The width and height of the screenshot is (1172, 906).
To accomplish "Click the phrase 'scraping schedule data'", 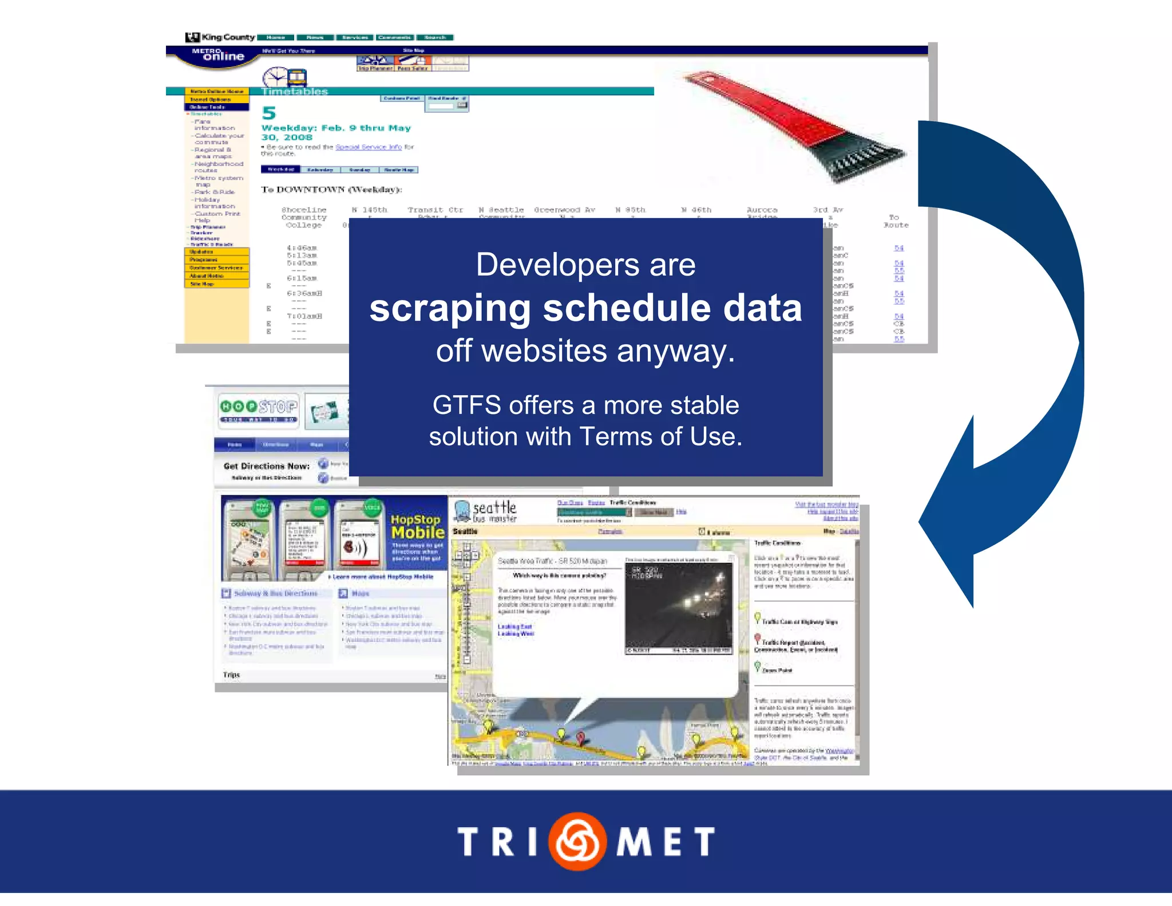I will pos(585,309).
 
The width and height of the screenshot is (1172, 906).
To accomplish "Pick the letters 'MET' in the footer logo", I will pos(666,842).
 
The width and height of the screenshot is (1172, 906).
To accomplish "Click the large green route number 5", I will pos(268,113).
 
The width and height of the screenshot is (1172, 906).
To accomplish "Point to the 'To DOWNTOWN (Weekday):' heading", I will pos(331,190).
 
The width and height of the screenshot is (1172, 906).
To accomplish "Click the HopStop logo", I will pos(259,408).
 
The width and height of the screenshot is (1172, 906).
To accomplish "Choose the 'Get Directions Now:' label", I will pos(266,466).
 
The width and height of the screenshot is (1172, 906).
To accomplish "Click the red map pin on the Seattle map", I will pos(580,737).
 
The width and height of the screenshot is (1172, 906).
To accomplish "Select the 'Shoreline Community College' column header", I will pos(304,218).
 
